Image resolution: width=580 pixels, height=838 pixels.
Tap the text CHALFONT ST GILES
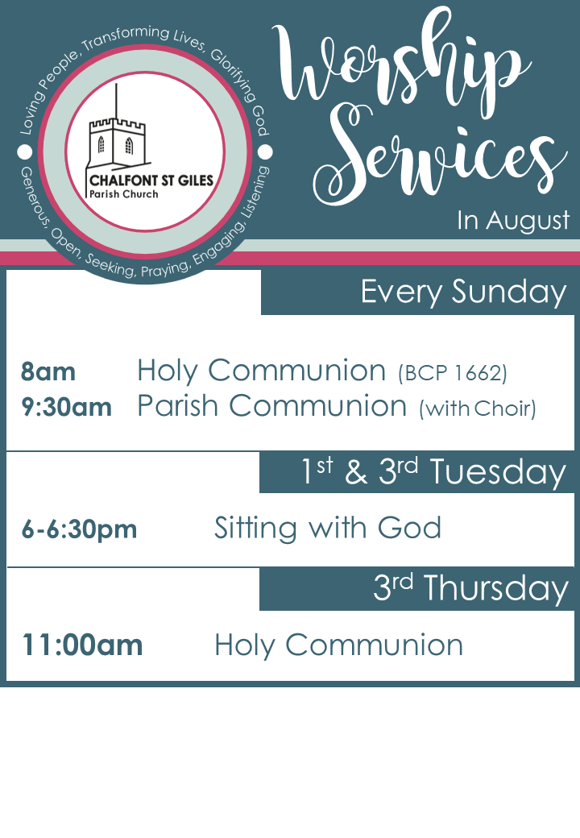(151, 180)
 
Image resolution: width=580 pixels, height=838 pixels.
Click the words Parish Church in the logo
(124, 194)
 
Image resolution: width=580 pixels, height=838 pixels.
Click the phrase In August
(513, 220)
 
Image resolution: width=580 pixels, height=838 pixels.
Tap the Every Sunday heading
(463, 292)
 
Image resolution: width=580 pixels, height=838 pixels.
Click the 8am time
(48, 372)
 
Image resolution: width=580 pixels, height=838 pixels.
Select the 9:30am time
(66, 407)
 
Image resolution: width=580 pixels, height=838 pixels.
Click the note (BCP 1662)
(453, 373)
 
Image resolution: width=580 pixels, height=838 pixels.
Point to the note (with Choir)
(478, 409)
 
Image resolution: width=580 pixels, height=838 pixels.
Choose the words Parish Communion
(271, 405)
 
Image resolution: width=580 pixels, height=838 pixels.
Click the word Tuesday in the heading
(498, 472)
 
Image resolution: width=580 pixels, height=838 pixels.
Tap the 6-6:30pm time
(79, 529)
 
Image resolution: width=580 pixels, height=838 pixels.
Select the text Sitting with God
(328, 528)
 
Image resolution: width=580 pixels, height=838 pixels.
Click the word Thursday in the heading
(495, 589)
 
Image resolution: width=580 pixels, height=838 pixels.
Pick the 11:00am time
(82, 645)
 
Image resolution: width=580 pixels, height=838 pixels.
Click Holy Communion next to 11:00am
(338, 645)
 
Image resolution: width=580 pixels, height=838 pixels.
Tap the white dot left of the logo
(24, 151)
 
